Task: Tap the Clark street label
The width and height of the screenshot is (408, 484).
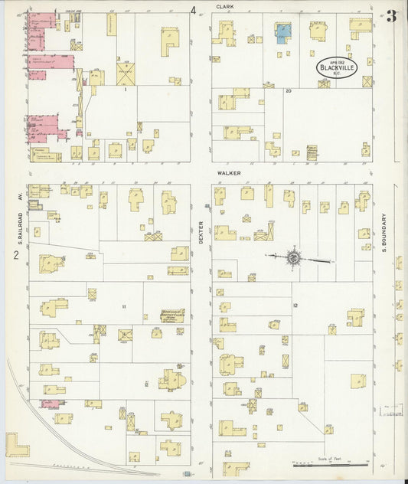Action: coord(224,6)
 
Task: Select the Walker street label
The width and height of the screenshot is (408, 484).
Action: coord(228,173)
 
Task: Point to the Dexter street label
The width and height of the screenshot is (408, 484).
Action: coord(201,229)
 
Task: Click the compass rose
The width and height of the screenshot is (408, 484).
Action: coord(293,258)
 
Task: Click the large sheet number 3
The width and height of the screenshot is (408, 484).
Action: coord(392,16)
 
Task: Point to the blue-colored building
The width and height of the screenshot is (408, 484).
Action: coord(283,31)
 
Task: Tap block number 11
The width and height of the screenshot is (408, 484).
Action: coord(122,306)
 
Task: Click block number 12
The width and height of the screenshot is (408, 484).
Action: coord(295,306)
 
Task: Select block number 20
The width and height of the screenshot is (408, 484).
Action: coord(289,90)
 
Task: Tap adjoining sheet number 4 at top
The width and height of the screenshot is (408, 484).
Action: coord(194,10)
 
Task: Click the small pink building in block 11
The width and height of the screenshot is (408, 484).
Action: coord(50,403)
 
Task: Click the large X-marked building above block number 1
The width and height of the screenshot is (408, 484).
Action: coord(125,74)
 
